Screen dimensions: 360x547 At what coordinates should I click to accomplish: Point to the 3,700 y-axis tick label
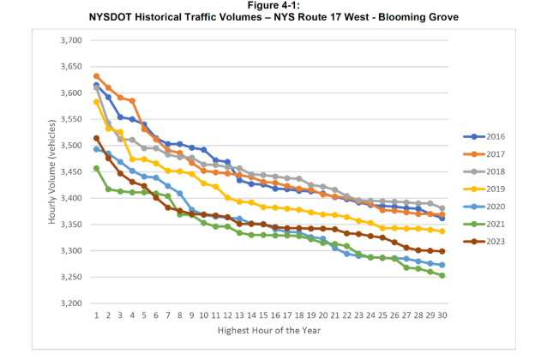(69, 40)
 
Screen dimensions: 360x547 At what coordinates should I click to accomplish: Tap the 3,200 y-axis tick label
(69, 303)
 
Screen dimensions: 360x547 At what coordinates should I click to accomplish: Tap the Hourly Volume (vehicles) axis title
(52, 171)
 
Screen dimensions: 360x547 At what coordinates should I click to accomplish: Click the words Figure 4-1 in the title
(273, 5)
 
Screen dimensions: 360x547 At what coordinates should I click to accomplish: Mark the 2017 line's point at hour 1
(96, 76)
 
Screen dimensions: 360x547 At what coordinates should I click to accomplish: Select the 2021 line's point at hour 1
(96, 169)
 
